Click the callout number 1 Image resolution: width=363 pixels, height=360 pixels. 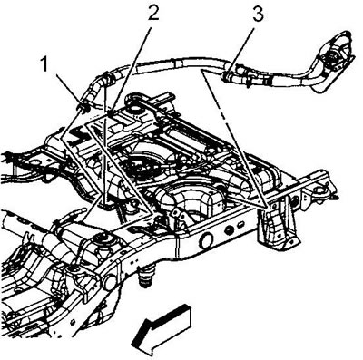tap(44, 65)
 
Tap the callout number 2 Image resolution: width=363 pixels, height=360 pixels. tap(153, 12)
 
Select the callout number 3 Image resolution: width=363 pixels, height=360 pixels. tap(258, 14)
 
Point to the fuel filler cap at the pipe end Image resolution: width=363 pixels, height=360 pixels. tap(333, 56)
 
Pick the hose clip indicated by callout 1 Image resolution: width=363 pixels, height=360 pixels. tap(83, 105)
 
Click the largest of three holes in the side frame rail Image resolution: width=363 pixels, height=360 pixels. tap(206, 240)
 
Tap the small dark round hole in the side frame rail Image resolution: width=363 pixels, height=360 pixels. tap(230, 230)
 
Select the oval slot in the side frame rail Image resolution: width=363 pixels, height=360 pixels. tap(241, 225)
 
